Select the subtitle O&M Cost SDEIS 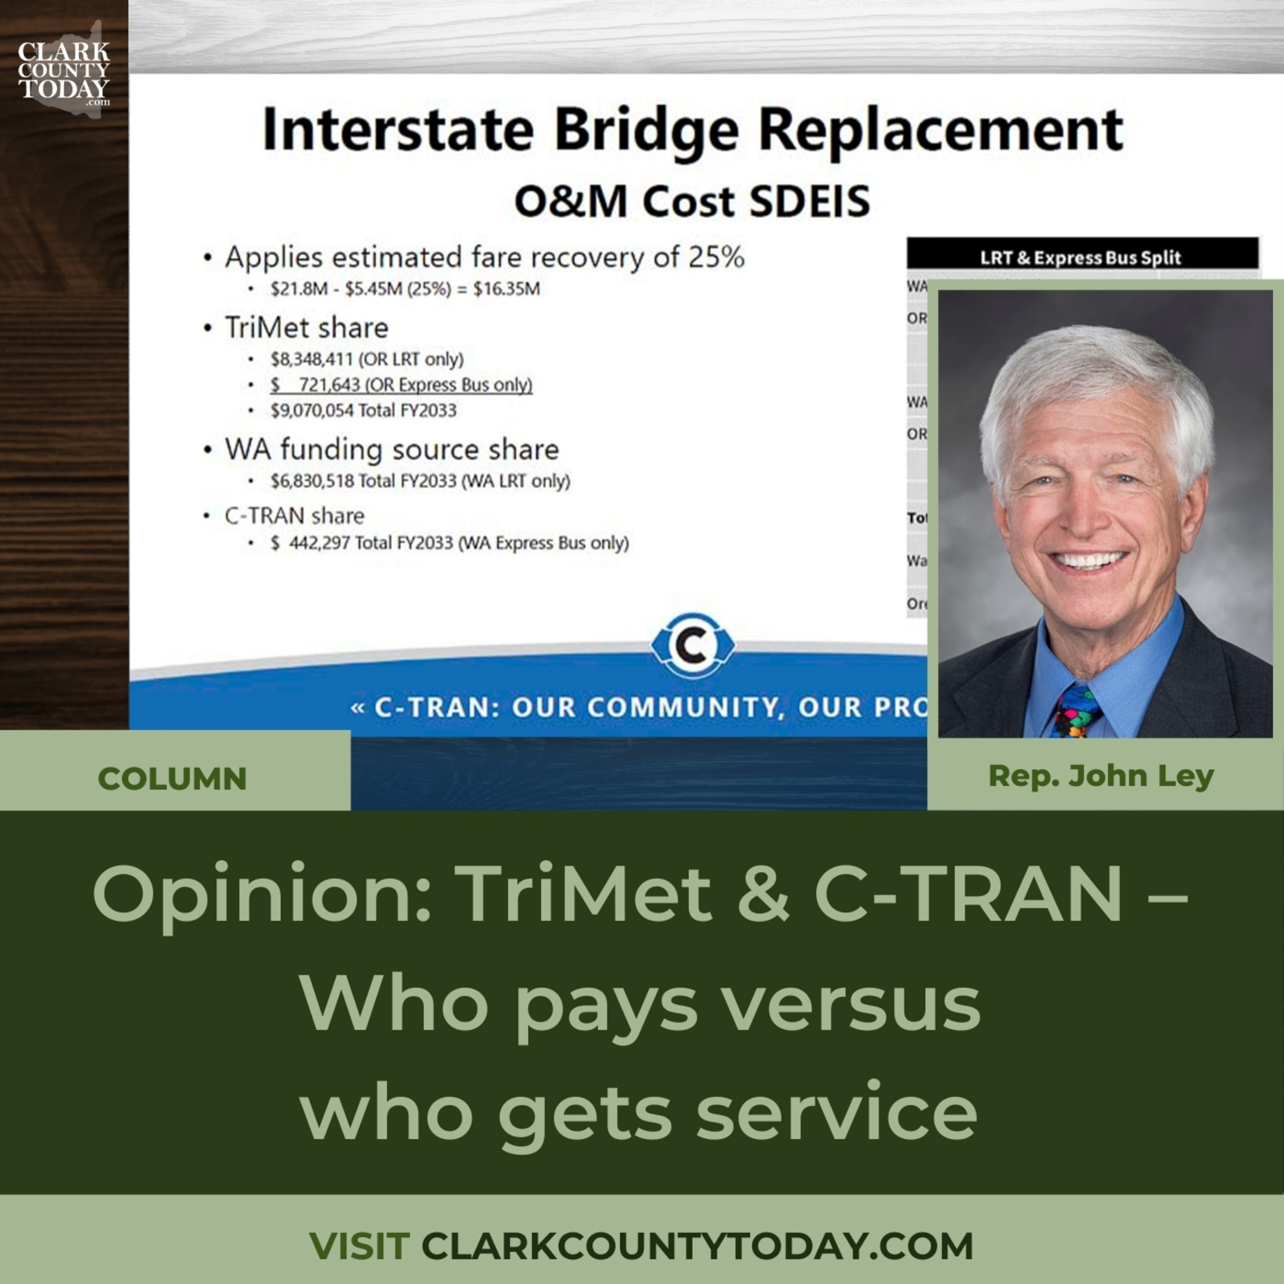click(x=692, y=201)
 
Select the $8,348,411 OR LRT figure click(x=312, y=360)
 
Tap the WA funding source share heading click(x=392, y=450)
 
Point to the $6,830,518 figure click(x=312, y=481)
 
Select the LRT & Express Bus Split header click(x=1081, y=258)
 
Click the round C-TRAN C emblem click(x=693, y=645)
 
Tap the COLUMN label click(x=172, y=778)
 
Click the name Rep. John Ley click(x=1100, y=776)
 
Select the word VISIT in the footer click(x=359, y=1245)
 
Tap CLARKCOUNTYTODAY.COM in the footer click(x=697, y=1245)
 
